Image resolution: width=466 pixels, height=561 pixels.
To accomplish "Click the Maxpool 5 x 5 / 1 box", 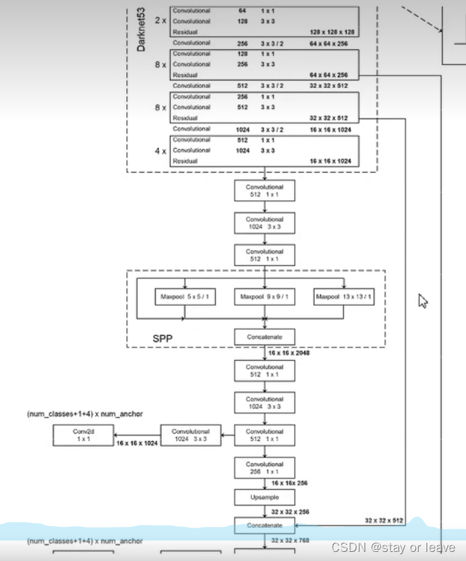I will pyautogui.click(x=185, y=297).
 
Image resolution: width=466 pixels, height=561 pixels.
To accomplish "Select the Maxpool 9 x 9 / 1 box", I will pyautogui.click(x=264, y=297).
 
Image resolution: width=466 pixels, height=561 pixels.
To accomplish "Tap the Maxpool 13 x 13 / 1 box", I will pyautogui.click(x=345, y=297).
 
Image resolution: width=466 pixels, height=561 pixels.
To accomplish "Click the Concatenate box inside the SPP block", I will pyautogui.click(x=264, y=337).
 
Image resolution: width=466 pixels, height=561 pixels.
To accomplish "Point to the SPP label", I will pyautogui.click(x=163, y=338).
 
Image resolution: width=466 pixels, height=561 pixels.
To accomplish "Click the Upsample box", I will pyautogui.click(x=264, y=498).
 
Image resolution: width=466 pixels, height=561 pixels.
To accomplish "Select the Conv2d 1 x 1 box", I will pyautogui.click(x=83, y=435).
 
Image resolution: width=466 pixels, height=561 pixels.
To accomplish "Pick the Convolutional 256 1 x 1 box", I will pyautogui.click(x=264, y=468).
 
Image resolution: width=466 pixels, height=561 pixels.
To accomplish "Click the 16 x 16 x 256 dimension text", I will pyautogui.click(x=289, y=483).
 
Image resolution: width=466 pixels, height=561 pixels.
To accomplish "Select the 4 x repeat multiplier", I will pyautogui.click(x=159, y=150).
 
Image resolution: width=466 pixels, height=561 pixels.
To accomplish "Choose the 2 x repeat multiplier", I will pyautogui.click(x=159, y=21).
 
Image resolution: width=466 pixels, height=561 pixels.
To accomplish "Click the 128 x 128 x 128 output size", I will pyautogui.click(x=330, y=32).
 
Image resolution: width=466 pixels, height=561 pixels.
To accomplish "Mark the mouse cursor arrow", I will pyautogui.click(x=423, y=301).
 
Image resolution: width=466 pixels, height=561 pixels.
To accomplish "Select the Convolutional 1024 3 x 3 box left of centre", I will pyautogui.click(x=190, y=435).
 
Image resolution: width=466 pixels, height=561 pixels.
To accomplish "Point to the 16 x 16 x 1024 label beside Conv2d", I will pyautogui.click(x=136, y=444).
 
